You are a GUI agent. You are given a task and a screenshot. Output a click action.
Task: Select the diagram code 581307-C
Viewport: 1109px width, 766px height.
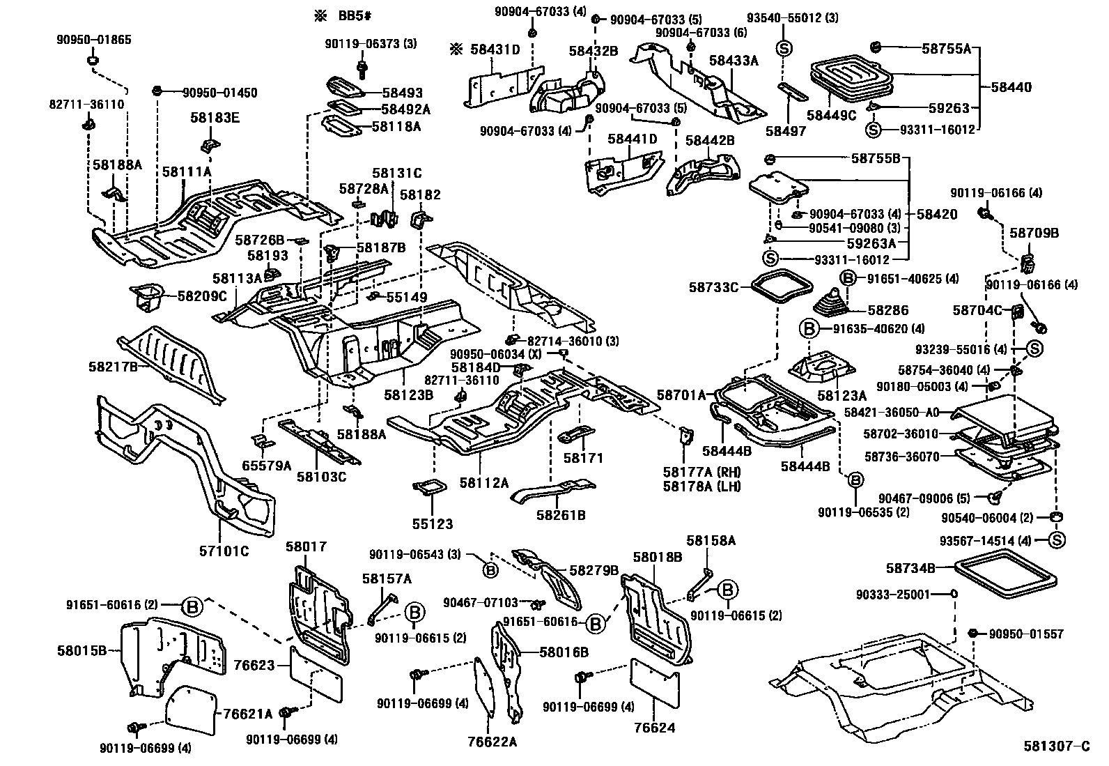(1056, 746)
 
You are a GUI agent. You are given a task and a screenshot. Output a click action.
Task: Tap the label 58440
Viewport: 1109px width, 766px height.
(1011, 88)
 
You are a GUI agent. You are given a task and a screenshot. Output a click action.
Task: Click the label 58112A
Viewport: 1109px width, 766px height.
(483, 482)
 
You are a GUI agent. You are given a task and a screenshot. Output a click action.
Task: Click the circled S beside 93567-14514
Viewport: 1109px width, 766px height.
(1056, 540)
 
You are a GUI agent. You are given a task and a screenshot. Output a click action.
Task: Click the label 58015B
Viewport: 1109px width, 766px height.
(82, 651)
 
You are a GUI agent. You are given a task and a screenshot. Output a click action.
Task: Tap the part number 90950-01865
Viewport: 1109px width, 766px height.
(93, 40)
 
